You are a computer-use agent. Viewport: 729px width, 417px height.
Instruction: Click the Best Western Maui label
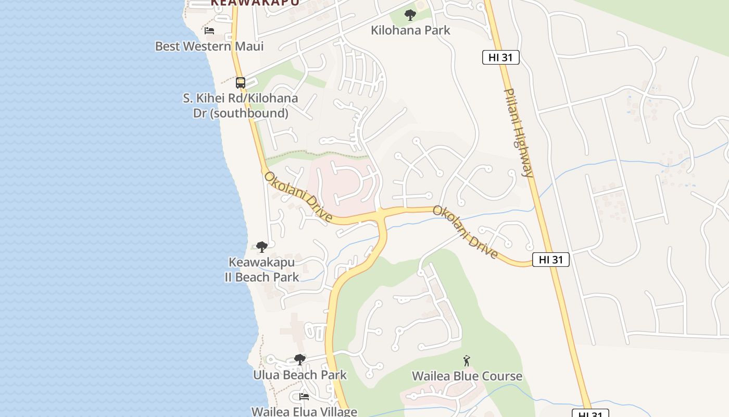(x=209, y=46)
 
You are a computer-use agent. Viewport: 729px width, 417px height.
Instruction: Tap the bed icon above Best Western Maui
(x=209, y=31)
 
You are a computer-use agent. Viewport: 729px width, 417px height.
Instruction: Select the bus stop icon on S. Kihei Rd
(x=241, y=82)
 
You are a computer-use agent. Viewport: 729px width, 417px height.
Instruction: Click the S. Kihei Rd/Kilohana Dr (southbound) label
(x=241, y=106)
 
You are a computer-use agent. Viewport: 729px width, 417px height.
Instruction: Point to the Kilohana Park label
(x=410, y=30)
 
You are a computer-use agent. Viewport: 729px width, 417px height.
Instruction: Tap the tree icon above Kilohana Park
(x=410, y=15)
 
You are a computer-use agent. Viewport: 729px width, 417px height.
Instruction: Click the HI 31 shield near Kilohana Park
(x=501, y=57)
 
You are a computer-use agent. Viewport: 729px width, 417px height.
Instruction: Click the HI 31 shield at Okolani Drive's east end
(x=551, y=260)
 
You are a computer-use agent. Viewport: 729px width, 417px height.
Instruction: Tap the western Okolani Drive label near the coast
(x=298, y=197)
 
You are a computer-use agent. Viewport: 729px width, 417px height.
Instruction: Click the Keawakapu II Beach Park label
(x=262, y=269)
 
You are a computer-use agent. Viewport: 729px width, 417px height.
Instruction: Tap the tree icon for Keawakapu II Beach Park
(x=262, y=247)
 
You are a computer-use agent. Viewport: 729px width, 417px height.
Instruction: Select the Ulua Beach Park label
(x=300, y=375)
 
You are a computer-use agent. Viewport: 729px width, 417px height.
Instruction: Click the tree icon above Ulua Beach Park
(x=300, y=359)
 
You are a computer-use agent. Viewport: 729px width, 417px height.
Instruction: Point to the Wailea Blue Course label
(x=467, y=376)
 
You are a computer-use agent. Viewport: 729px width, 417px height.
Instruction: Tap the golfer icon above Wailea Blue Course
(x=467, y=361)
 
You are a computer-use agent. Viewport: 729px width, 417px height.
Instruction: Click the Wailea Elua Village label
(x=305, y=411)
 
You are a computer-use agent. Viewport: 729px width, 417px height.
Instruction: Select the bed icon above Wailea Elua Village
(x=305, y=397)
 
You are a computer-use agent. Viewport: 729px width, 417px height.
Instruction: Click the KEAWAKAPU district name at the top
(x=255, y=3)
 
